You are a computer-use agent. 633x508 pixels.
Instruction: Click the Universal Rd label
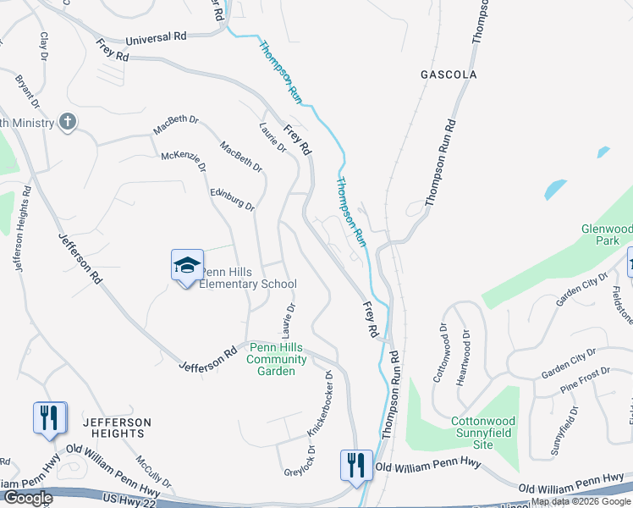click(156, 39)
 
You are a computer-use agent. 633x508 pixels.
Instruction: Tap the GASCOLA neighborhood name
click(449, 75)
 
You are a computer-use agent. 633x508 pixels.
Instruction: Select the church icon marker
click(67, 122)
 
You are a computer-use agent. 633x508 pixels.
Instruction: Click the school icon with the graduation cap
click(187, 266)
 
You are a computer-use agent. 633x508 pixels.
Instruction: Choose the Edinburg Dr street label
click(233, 200)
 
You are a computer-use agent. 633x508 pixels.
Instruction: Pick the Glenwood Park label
click(607, 235)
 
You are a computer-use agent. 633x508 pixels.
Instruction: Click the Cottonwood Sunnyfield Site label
click(482, 432)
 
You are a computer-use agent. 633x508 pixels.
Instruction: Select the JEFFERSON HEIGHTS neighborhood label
click(117, 428)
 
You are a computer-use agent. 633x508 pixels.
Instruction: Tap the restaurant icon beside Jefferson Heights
click(49, 418)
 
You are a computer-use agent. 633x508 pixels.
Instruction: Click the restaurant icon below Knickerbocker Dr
click(355, 466)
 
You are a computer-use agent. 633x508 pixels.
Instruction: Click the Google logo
click(27, 498)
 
